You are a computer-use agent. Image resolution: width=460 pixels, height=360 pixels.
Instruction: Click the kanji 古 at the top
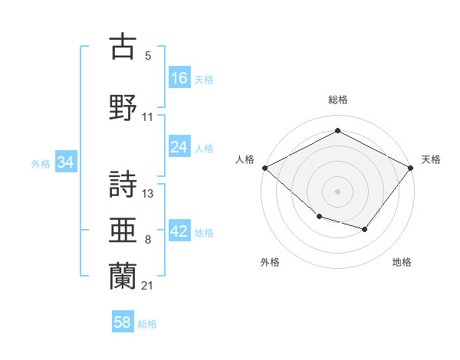point(123,46)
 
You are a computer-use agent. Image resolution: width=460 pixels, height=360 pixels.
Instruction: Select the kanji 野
point(123,107)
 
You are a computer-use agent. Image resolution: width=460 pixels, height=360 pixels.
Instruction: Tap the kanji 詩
point(123,184)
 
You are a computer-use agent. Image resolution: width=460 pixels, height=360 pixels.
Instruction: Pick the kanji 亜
point(123,230)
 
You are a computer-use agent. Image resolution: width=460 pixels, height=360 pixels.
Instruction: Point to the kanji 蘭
point(123,277)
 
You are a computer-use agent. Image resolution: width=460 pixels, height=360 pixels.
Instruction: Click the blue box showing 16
point(179,77)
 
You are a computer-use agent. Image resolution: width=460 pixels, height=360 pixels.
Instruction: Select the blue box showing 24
point(179,146)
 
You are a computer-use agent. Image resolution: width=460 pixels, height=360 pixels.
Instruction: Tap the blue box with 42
point(179,230)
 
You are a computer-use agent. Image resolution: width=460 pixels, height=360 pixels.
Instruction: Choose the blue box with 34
point(66,162)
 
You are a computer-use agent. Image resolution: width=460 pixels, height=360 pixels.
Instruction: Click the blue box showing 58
point(123,321)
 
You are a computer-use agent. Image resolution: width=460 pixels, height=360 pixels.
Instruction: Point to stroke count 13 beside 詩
point(147,194)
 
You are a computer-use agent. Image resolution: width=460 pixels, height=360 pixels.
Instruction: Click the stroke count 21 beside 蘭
point(147,286)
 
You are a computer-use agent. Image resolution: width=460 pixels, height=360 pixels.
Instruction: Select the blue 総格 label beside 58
point(147,324)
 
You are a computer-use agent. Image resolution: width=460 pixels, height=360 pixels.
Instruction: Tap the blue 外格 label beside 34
point(41,164)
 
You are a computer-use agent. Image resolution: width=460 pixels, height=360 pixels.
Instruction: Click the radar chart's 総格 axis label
point(338,100)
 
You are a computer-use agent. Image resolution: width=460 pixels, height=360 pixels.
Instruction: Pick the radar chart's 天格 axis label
point(431,159)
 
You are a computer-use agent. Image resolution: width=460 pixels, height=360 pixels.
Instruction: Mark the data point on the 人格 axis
point(265,168)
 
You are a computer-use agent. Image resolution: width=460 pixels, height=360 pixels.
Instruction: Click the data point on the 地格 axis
point(364,229)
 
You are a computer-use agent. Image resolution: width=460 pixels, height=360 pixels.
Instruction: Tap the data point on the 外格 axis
point(320,217)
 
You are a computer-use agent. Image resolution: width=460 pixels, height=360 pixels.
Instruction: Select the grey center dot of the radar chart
point(337,191)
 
